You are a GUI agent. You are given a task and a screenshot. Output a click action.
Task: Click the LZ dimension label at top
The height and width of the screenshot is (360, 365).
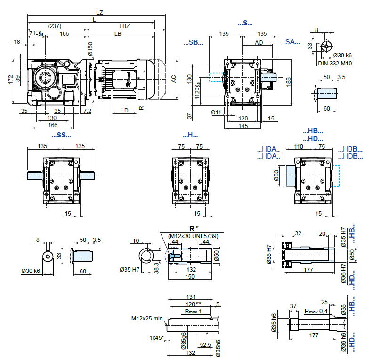click(x=99, y=12)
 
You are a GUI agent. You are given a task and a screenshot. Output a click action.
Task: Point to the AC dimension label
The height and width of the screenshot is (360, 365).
click(x=174, y=79)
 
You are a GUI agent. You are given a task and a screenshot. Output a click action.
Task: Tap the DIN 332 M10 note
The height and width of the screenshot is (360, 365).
click(x=335, y=63)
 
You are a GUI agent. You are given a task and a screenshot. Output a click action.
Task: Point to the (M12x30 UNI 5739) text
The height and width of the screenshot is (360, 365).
click(x=193, y=236)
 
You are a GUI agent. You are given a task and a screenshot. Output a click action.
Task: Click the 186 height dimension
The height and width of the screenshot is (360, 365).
click(x=288, y=80)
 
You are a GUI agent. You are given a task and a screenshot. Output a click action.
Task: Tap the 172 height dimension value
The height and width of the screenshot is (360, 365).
click(x=11, y=80)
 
